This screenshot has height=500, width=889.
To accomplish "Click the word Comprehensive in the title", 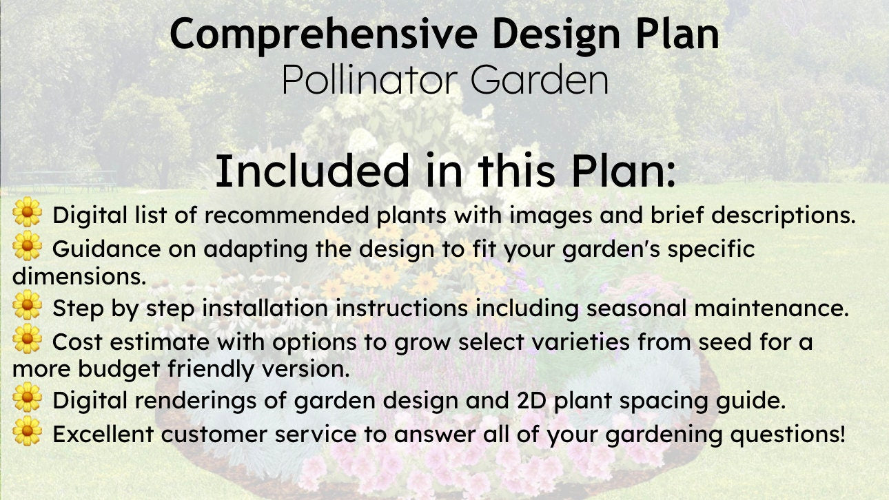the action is pos(323,35).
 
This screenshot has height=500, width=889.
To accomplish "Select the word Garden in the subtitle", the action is pos(540,80).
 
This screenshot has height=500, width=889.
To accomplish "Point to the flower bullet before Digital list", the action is pos(27,211).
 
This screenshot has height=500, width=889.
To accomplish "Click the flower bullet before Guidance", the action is pos(27,246).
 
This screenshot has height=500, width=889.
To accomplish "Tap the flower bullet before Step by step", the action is pos(27,304).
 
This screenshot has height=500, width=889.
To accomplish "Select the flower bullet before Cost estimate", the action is pos(27,338).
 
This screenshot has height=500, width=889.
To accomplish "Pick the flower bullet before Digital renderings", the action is pos(27,397).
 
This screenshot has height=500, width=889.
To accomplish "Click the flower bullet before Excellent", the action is pos(27,430).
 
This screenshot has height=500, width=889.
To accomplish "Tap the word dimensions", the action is pos(79,276).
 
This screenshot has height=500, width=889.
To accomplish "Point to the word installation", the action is pos(265,308).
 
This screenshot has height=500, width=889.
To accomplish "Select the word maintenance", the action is pos(771,308).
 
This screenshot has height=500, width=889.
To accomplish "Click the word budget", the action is pos(119,369).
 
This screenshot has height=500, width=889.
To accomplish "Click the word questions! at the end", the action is pos(788,435).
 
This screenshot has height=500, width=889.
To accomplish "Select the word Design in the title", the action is pos(556,36).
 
